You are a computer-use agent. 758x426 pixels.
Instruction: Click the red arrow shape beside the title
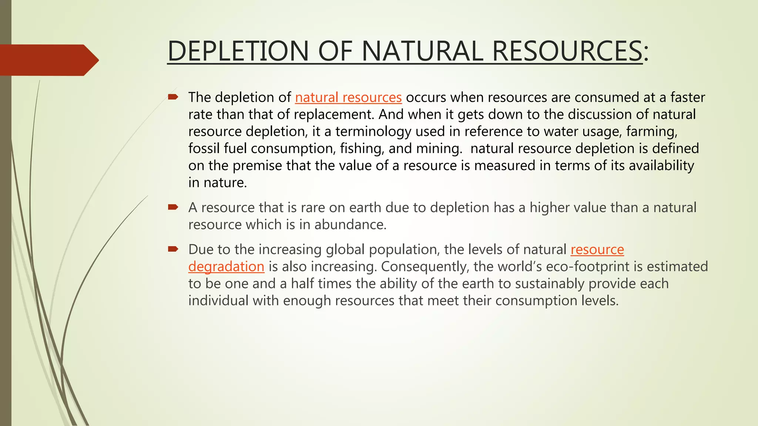48,60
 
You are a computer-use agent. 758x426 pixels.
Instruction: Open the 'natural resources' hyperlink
348,97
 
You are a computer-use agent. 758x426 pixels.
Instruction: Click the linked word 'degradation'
226,267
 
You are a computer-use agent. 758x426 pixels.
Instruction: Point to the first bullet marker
173,97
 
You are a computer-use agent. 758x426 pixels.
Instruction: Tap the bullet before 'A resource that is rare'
173,207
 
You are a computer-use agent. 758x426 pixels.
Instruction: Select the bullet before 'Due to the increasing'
173,249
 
